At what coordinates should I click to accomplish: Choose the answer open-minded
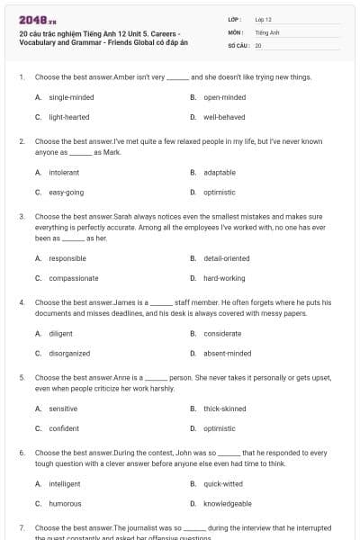[224, 96]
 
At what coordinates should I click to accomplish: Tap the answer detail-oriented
[226, 257]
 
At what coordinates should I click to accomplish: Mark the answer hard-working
[224, 278]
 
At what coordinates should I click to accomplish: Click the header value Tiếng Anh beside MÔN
[264, 31]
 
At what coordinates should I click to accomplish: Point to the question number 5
[22, 377]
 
